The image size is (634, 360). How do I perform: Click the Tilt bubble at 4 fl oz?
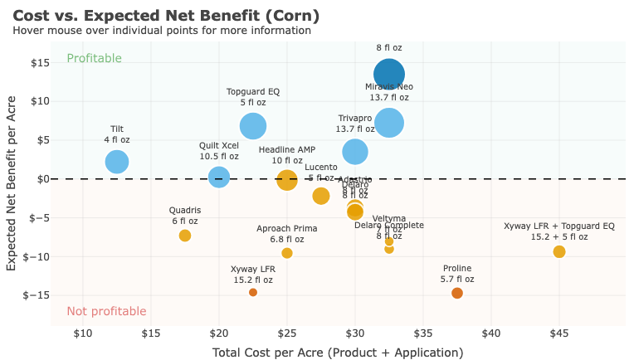click(117, 162)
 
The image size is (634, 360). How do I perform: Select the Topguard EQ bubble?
click(253, 126)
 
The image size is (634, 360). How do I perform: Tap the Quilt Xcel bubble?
click(219, 177)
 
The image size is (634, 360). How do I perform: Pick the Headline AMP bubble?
click(287, 179)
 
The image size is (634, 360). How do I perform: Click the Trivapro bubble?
click(355, 151)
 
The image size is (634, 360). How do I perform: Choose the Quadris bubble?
click(185, 236)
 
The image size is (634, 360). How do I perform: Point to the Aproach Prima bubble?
click(287, 253)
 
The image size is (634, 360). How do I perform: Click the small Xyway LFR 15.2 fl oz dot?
click(253, 292)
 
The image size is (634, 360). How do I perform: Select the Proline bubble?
click(457, 293)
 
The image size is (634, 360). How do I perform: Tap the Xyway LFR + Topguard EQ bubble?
click(559, 251)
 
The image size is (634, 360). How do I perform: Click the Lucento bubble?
click(321, 196)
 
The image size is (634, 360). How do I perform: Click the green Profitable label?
click(94, 58)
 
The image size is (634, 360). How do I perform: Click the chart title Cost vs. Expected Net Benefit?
click(166, 15)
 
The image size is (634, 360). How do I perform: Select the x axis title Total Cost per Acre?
click(337, 353)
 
